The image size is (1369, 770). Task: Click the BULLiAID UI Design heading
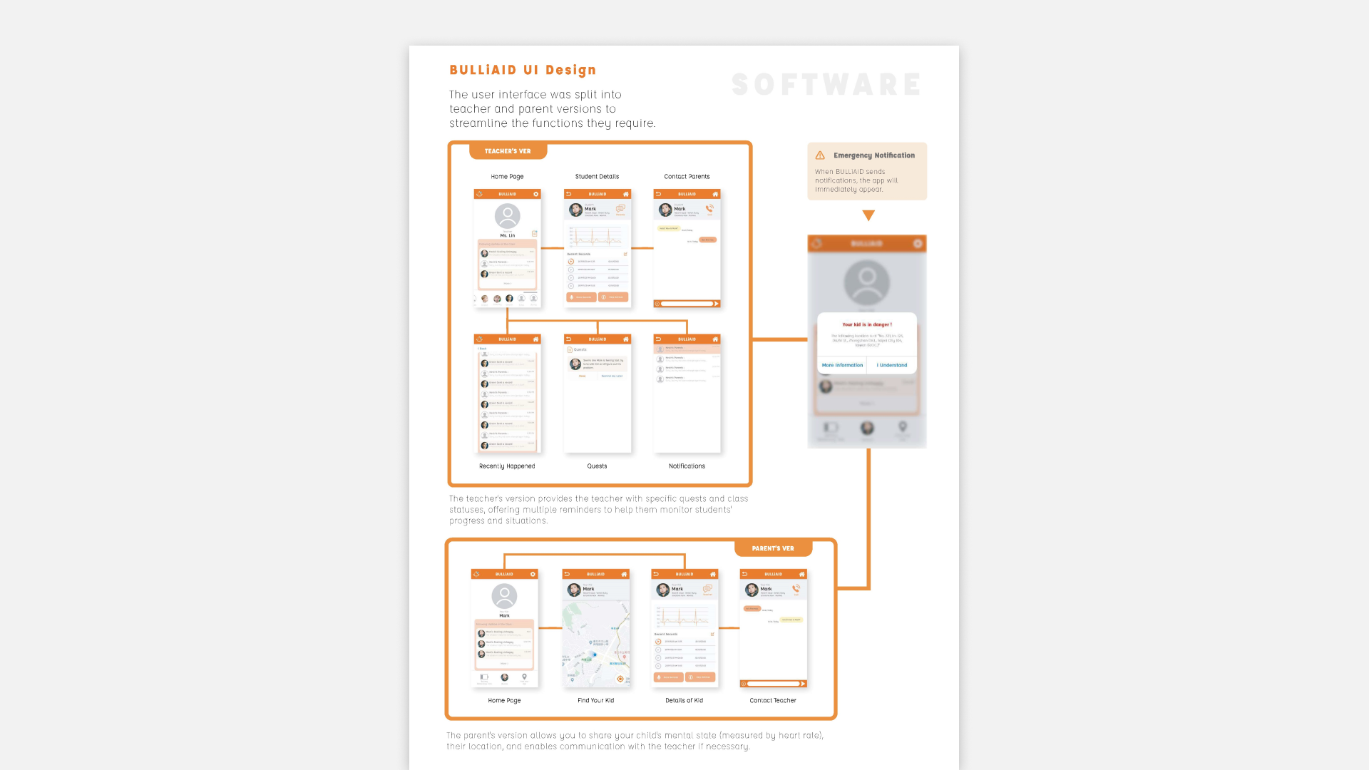click(522, 70)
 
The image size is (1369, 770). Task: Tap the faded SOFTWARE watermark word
click(826, 85)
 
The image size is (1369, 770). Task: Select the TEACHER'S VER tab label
click(508, 151)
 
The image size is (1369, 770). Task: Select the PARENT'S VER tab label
click(773, 548)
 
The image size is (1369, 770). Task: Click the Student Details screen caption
click(597, 177)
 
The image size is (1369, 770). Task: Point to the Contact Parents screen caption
click(687, 177)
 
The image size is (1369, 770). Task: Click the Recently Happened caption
click(507, 466)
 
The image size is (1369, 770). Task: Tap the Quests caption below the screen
click(597, 466)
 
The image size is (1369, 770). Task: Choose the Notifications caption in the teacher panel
click(687, 466)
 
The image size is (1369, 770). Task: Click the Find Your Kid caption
click(595, 701)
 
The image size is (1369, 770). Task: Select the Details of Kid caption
click(684, 701)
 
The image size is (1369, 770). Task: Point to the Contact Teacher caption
click(773, 701)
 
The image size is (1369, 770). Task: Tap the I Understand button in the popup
click(892, 365)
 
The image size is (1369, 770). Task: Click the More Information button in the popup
click(842, 365)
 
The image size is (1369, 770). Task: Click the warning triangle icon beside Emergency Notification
click(820, 155)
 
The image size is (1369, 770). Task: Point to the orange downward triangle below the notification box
click(868, 215)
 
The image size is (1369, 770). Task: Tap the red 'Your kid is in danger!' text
click(867, 324)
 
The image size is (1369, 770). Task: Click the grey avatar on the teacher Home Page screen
click(507, 215)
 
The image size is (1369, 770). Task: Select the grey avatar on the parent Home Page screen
click(504, 595)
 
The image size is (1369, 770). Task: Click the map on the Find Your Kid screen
click(595, 642)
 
